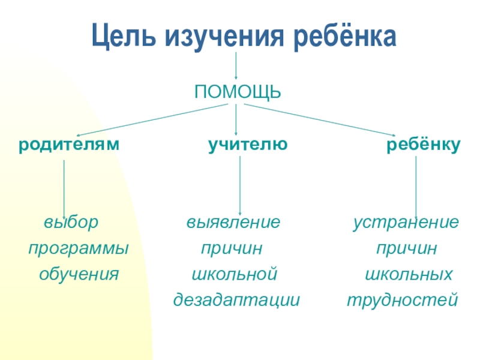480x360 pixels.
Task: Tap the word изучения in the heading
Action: pyautogui.click(x=220, y=37)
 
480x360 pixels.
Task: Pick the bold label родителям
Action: pyautogui.click(x=68, y=145)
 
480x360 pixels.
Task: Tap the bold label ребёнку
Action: pyautogui.click(x=423, y=145)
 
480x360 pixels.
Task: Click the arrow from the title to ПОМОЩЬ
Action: pyautogui.click(x=236, y=65)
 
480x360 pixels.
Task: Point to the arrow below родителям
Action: pyautogui.click(x=64, y=185)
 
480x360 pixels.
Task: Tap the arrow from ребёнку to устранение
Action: pyautogui.click(x=416, y=186)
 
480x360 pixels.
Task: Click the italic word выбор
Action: pyautogui.click(x=70, y=223)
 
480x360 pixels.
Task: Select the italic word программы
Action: pyautogui.click(x=79, y=248)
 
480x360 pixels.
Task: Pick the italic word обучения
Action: pyautogui.click(x=79, y=275)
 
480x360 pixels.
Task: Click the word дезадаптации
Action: pyautogui.click(x=236, y=299)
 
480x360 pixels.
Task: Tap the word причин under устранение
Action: pyautogui.click(x=406, y=248)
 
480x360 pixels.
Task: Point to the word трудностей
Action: pyautogui.click(x=403, y=299)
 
